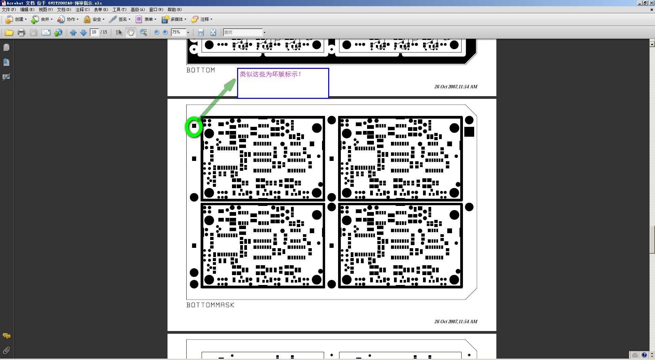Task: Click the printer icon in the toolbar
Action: (x=21, y=32)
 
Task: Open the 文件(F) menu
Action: (x=9, y=10)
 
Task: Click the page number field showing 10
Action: (x=94, y=32)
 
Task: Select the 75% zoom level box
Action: (x=178, y=32)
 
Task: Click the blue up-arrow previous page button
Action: (x=73, y=32)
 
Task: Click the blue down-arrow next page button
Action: (x=83, y=32)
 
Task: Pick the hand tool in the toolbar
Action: (x=131, y=32)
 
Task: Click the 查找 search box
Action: (x=243, y=32)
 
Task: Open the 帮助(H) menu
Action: (x=174, y=10)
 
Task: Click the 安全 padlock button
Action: (x=94, y=19)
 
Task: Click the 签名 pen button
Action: (x=120, y=19)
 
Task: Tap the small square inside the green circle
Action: (x=194, y=126)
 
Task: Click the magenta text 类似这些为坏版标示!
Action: (x=270, y=74)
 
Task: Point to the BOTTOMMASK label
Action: (x=210, y=305)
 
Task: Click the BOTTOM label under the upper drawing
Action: (x=201, y=70)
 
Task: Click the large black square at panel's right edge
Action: (x=469, y=132)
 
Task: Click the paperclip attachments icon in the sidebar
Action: (x=6, y=350)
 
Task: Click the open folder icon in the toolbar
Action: (x=9, y=32)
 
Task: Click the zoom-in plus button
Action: (x=165, y=32)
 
